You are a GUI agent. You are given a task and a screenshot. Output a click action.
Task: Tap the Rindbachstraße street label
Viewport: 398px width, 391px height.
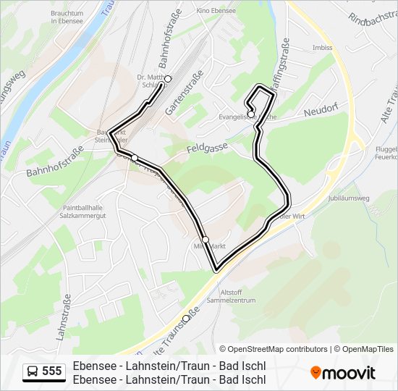coord(372,18)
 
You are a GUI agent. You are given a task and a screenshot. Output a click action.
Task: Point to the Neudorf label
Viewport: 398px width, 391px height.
coord(322,112)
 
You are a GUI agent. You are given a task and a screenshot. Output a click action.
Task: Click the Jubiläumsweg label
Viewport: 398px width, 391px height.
coord(349,197)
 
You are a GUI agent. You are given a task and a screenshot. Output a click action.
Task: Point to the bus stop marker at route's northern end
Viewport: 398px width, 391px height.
coord(167,79)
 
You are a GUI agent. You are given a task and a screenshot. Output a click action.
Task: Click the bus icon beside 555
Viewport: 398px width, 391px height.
coord(32,371)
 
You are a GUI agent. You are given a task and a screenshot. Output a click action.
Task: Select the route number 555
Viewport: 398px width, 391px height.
coord(52,371)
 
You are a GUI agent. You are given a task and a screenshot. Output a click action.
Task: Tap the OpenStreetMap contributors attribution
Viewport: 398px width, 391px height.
coord(274,349)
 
